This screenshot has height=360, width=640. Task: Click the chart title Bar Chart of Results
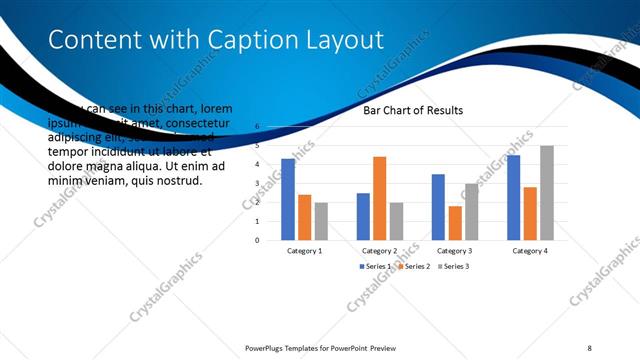pyautogui.click(x=413, y=111)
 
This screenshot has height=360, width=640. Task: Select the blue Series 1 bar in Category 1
pyautogui.click(x=288, y=199)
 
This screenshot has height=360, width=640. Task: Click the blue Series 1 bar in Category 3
pyautogui.click(x=438, y=207)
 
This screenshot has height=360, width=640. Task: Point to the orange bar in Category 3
pyautogui.click(x=455, y=223)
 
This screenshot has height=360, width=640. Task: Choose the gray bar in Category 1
pyautogui.click(x=320, y=221)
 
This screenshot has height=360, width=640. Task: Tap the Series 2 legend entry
pyautogui.click(x=415, y=267)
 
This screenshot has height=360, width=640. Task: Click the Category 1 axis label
pyautogui.click(x=304, y=250)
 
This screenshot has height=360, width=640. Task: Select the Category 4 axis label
pyautogui.click(x=530, y=250)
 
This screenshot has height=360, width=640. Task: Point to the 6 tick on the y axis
pyautogui.click(x=257, y=127)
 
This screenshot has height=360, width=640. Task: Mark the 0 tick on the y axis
pyautogui.click(x=257, y=240)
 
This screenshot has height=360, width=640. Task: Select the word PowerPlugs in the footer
pyautogui.click(x=267, y=347)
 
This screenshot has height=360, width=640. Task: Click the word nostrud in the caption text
pyautogui.click(x=180, y=181)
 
